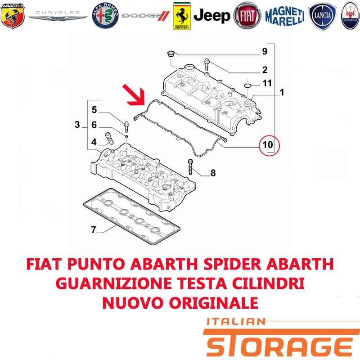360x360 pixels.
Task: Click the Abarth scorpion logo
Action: (13, 16)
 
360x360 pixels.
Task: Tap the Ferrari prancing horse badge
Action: (182, 16)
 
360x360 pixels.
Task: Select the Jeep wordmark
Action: (211, 16)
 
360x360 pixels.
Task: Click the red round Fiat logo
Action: (247, 16)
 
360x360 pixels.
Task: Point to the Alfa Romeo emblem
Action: (105, 16)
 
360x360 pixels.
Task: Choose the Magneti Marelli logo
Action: (285, 16)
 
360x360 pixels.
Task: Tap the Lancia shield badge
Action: (322, 16)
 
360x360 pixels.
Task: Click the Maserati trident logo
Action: (351, 16)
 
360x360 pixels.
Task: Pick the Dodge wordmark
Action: (146, 16)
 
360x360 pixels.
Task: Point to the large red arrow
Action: (134, 95)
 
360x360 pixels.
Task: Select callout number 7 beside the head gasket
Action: (94, 229)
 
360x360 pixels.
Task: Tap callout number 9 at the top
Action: (265, 51)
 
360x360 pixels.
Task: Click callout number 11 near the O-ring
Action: (267, 83)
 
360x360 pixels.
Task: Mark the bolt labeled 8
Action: (190, 166)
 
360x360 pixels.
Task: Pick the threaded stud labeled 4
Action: (109, 138)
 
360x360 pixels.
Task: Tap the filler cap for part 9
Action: (171, 54)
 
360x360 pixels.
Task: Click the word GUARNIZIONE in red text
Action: (114, 283)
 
